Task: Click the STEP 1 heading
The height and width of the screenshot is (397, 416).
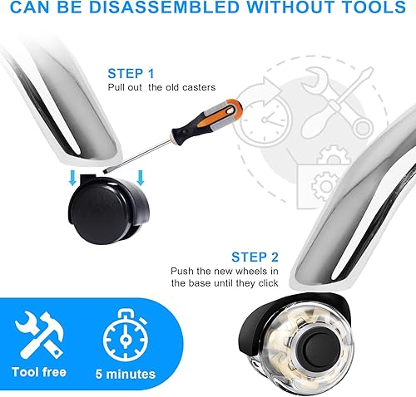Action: click(x=131, y=73)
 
